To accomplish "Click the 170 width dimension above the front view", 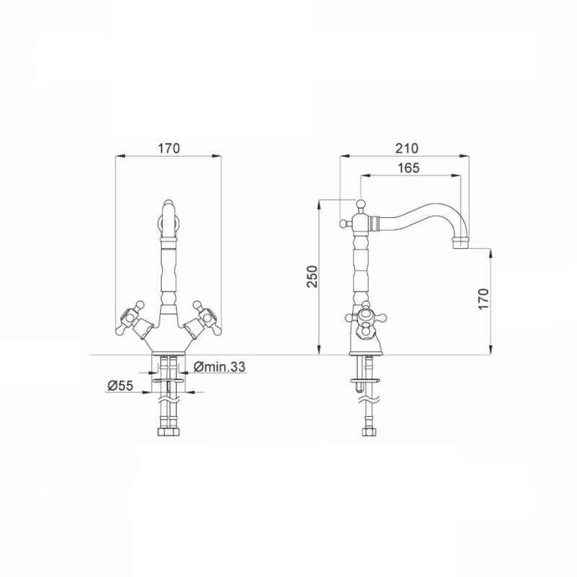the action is click(x=169, y=149).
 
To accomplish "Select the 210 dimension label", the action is click(x=407, y=149).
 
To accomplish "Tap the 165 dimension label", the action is click(x=408, y=168).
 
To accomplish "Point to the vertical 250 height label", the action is click(x=312, y=276).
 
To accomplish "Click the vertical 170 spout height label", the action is click(x=483, y=299).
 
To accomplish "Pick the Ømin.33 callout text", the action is click(x=219, y=366).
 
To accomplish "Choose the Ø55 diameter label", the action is click(x=120, y=386).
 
